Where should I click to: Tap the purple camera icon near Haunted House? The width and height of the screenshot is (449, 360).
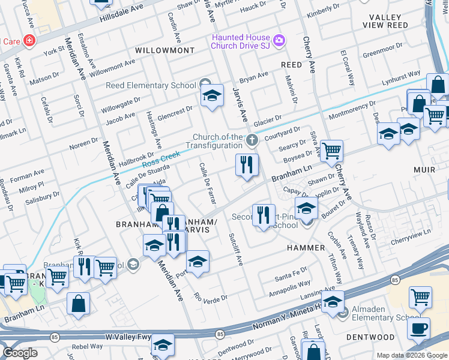278,41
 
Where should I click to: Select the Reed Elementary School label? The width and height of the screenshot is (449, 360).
151,85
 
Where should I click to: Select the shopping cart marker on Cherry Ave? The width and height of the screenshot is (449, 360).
331,151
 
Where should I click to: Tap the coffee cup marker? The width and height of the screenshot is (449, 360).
418,328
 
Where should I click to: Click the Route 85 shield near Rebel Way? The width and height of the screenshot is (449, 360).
54,337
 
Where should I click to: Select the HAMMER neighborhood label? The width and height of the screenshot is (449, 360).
306,247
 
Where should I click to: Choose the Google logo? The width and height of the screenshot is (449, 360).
20,353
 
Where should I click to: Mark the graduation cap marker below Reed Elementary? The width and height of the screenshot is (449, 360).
212,96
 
